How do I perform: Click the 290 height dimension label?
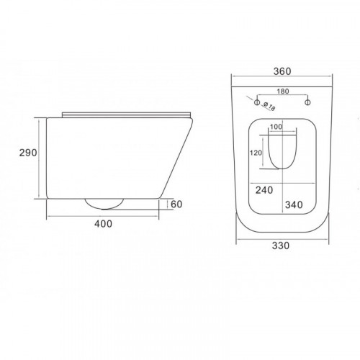(28, 153)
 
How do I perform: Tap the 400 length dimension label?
(103, 224)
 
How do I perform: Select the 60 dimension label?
(176, 204)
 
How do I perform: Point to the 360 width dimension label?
(282, 71)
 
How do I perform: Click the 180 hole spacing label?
(283, 91)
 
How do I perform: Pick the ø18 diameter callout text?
(269, 107)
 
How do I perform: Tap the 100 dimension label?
(276, 127)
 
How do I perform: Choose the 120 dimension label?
(256, 153)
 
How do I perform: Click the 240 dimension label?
(264, 190)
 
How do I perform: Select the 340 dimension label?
(294, 204)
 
